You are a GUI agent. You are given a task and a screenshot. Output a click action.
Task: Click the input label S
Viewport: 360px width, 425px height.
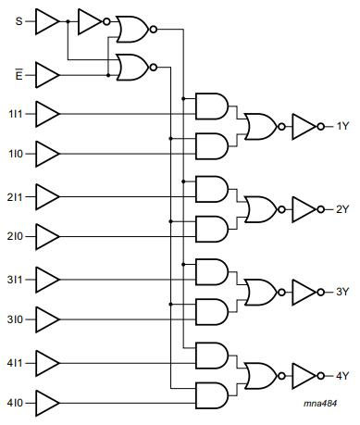19,20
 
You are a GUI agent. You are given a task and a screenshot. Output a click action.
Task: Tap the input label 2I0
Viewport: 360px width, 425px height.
17,237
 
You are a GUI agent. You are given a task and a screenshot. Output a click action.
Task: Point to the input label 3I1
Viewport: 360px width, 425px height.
17,279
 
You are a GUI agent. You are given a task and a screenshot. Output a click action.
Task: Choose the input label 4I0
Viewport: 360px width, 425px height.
17,403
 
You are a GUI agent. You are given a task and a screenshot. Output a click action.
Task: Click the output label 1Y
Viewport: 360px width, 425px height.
341,126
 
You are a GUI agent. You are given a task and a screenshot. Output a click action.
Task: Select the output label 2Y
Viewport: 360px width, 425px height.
341,209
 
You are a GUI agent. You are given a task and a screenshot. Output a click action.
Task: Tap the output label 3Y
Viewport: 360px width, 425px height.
341,292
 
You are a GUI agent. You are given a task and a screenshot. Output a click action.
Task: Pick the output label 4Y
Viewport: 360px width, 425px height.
341,375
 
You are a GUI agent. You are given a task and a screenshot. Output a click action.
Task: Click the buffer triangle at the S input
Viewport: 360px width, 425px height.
46,21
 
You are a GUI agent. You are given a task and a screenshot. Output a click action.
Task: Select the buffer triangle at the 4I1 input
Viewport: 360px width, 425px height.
46,361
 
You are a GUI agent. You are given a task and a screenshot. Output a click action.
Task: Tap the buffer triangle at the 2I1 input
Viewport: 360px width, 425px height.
46,196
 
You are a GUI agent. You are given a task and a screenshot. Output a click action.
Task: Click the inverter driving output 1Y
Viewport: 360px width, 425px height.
304,126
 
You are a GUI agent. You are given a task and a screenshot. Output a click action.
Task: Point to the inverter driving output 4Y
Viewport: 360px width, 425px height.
304,375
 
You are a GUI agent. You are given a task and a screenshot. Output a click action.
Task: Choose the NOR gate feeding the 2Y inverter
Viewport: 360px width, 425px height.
259,209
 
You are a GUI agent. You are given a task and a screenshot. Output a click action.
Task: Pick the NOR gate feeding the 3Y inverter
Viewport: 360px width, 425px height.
259,292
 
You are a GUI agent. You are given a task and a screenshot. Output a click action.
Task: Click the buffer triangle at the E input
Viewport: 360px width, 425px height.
46,72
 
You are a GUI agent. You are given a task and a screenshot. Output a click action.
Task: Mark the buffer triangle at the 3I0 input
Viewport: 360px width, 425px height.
46,319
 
